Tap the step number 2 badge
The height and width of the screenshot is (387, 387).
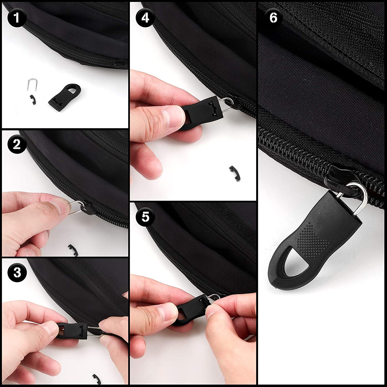[x=17, y=144]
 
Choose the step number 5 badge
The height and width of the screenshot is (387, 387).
[x=146, y=217]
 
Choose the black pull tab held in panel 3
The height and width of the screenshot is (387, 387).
[x=72, y=332]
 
